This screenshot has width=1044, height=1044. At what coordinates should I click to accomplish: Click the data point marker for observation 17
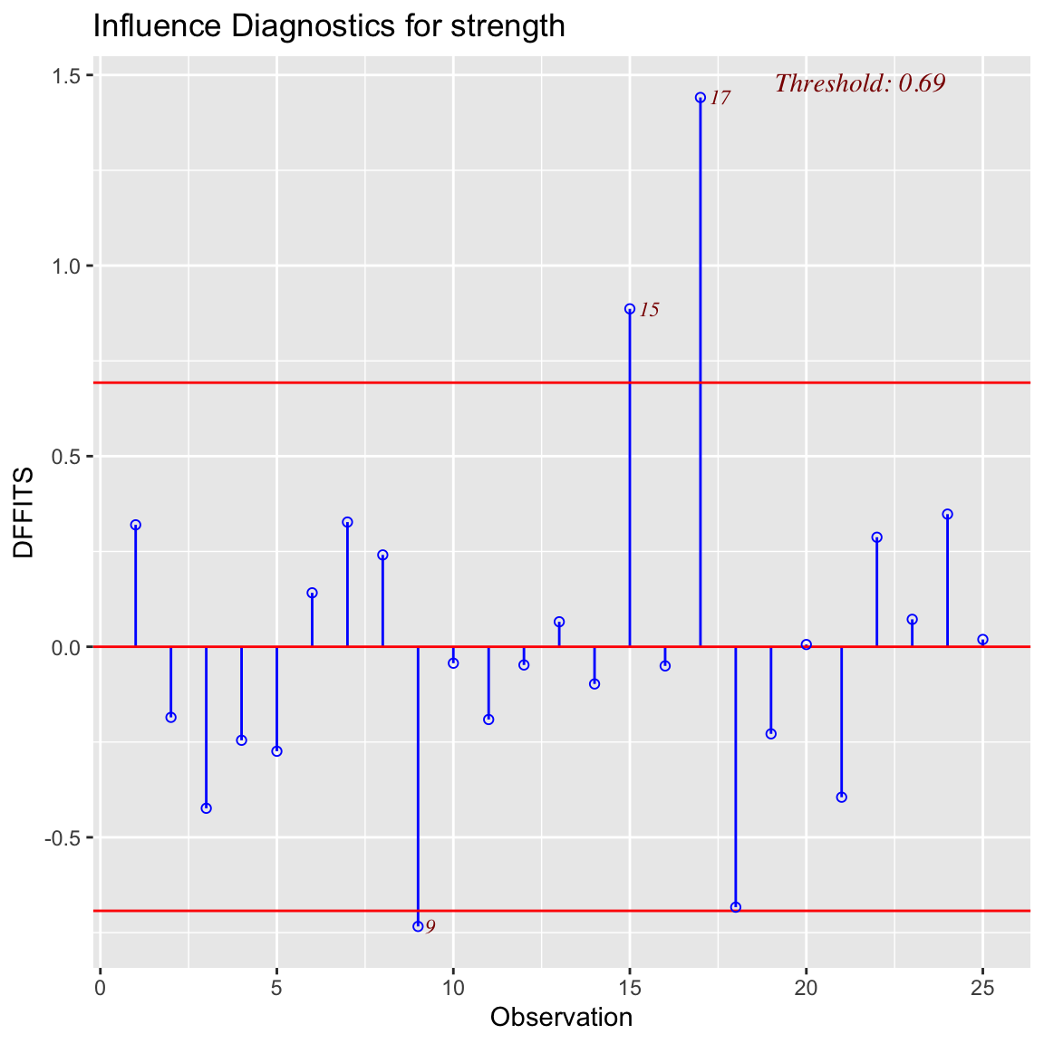click(x=701, y=98)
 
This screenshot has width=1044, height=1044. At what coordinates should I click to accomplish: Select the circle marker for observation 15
click(x=630, y=309)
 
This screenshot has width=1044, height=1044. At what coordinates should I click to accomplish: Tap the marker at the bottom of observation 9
click(x=418, y=926)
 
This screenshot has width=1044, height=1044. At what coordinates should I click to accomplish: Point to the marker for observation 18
click(x=736, y=907)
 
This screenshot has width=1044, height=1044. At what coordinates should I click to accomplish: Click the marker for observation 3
click(x=207, y=808)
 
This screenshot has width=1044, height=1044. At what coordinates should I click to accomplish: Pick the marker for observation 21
click(x=842, y=797)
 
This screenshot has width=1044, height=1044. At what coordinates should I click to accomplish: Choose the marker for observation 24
click(x=947, y=514)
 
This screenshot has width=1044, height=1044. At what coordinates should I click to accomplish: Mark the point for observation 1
click(x=136, y=525)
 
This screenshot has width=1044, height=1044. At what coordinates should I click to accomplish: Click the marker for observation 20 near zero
click(x=807, y=644)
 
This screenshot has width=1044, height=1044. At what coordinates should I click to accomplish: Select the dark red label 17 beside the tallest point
click(x=720, y=99)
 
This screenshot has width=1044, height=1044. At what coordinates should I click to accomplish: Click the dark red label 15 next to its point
click(x=649, y=310)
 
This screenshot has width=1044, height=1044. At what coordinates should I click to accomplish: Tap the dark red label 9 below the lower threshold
click(x=430, y=927)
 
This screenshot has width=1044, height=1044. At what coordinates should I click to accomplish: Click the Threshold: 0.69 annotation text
click(x=860, y=83)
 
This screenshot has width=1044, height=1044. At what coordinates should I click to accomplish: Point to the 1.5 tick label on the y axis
click(x=65, y=75)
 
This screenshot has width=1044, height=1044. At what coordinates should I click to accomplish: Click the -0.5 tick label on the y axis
click(x=62, y=837)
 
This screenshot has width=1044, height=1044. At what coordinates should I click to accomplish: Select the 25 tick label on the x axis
click(x=982, y=988)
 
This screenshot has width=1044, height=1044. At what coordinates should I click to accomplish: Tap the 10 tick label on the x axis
click(x=453, y=988)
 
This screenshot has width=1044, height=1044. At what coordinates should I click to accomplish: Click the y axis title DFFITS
click(x=24, y=513)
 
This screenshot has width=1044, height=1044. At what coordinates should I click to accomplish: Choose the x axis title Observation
click(x=561, y=1018)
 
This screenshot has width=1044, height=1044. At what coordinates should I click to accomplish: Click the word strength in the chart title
click(x=508, y=27)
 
